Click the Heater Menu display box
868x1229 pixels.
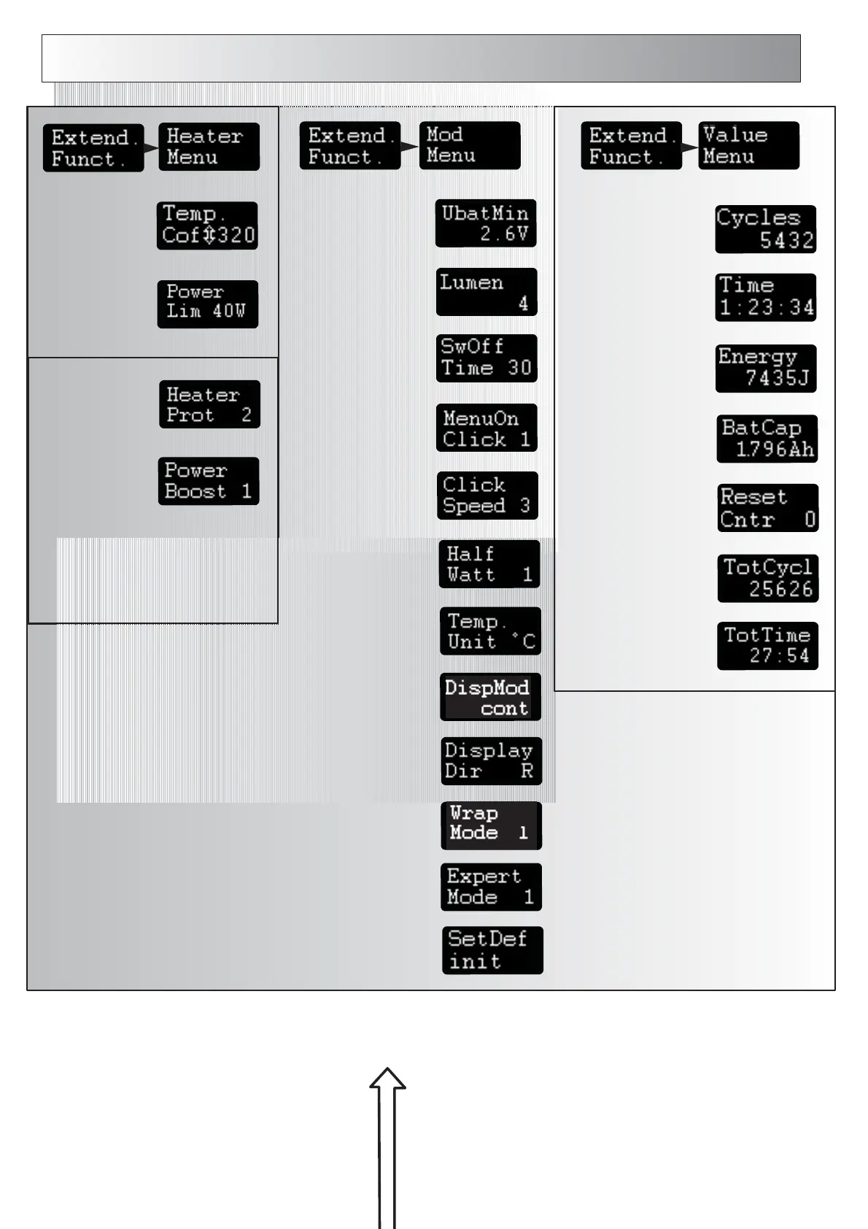pyautogui.click(x=209, y=147)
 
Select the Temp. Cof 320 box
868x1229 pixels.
pyautogui.click(x=207, y=226)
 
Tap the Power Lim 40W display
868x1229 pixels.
pyautogui.click(x=207, y=304)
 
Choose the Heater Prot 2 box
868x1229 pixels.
pyautogui.click(x=209, y=404)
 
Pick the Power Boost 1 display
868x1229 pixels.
pyautogui.click(x=209, y=481)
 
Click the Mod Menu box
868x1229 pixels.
pyautogui.click(x=470, y=145)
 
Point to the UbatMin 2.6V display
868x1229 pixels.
pyautogui.click(x=486, y=223)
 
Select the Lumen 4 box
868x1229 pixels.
pyautogui.click(x=487, y=292)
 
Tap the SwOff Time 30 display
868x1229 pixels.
pyautogui.click(x=487, y=358)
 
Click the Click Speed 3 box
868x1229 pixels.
pyautogui.click(x=487, y=496)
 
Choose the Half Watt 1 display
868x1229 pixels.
pyautogui.click(x=489, y=564)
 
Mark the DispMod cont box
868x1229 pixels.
pyautogui.click(x=490, y=697)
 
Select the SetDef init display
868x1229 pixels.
pyautogui.click(x=492, y=950)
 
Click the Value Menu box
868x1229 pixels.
pyautogui.click(x=748, y=145)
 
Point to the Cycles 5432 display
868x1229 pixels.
pyautogui.click(x=765, y=229)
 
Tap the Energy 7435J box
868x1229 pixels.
pyautogui.click(x=766, y=368)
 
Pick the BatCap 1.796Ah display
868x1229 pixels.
pyautogui.click(x=767, y=439)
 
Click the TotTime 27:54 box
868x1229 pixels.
pyautogui.click(x=767, y=646)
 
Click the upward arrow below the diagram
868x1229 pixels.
pyautogui.click(x=387, y=1146)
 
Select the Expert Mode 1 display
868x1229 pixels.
pyautogui.click(x=491, y=887)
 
